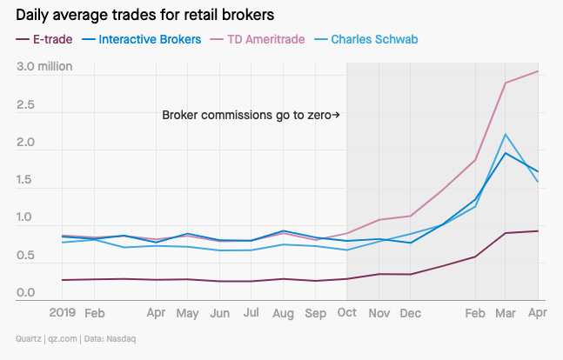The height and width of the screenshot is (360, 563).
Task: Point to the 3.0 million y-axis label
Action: coord(44,67)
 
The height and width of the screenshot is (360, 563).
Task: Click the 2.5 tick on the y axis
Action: coord(26,105)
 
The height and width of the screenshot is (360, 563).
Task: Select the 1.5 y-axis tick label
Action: coord(26,181)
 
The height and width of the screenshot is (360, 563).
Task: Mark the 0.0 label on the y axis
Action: coord(26,293)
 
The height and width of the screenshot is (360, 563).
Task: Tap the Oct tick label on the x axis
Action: coord(346,311)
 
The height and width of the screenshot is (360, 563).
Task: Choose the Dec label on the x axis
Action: coord(410,311)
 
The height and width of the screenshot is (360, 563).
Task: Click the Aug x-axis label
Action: coord(283,311)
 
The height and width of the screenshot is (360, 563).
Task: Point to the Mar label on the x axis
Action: coord(506,311)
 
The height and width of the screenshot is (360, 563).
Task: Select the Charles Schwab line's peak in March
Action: coord(506,135)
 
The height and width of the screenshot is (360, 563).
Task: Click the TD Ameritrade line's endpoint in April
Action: coord(538,71)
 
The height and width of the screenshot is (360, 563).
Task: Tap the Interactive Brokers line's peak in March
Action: coord(506,153)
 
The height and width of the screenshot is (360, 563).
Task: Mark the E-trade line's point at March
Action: coord(506,233)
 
